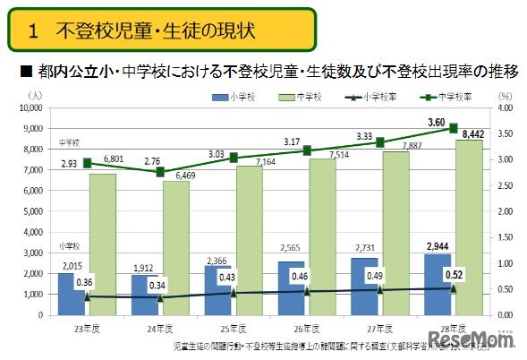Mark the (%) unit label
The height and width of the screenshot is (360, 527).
(x=504, y=94)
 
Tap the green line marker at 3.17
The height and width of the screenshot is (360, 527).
(x=307, y=150)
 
